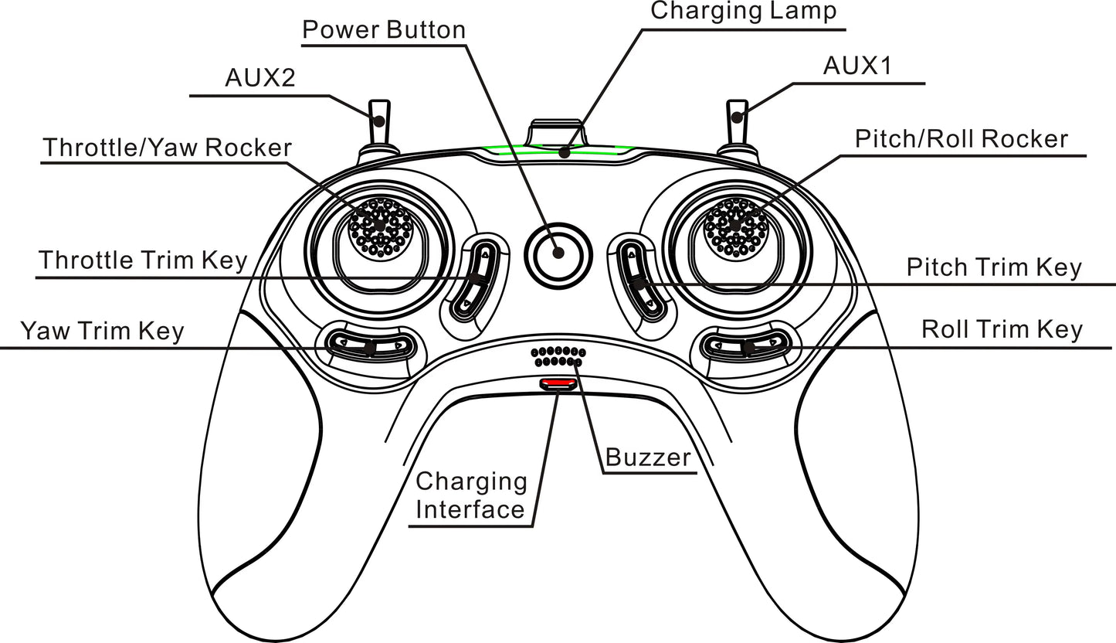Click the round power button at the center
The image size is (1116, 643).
pyautogui.click(x=558, y=253)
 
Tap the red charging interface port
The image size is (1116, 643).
pyautogui.click(x=558, y=383)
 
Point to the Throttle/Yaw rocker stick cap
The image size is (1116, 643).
pyautogui.click(x=378, y=225)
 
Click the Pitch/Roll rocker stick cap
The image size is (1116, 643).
pyautogui.click(x=735, y=225)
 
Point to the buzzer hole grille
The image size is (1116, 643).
pyautogui.click(x=558, y=356)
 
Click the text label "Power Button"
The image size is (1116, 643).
pyautogui.click(x=384, y=30)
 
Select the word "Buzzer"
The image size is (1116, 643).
pyautogui.click(x=647, y=458)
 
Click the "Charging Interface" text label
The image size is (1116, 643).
pyautogui.click(x=471, y=495)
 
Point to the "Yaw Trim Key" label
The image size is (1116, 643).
pyautogui.click(x=102, y=331)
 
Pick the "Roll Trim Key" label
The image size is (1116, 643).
pyautogui.click(x=1002, y=330)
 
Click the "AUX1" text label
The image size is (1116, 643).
pyautogui.click(x=857, y=66)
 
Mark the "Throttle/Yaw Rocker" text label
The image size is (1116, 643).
pyautogui.click(x=168, y=148)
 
